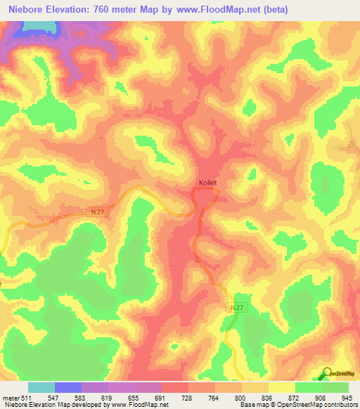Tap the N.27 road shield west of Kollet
click(x=98, y=211)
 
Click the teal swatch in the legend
click(x=41, y=387)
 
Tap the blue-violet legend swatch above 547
click(x=67, y=387)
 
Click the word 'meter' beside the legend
click(x=11, y=398)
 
